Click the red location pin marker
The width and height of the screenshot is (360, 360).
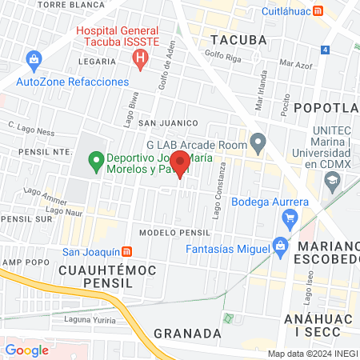point(180,163)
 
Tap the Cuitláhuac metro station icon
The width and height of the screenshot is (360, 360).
point(318,11)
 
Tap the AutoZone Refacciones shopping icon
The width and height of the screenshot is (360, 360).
point(34,59)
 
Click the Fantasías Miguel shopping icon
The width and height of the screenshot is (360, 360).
point(279,245)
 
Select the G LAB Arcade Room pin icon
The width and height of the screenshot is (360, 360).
point(258,144)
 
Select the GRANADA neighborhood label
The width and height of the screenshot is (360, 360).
point(187,332)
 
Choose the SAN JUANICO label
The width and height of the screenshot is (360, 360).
point(168,122)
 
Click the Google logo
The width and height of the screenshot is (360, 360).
point(26,350)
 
